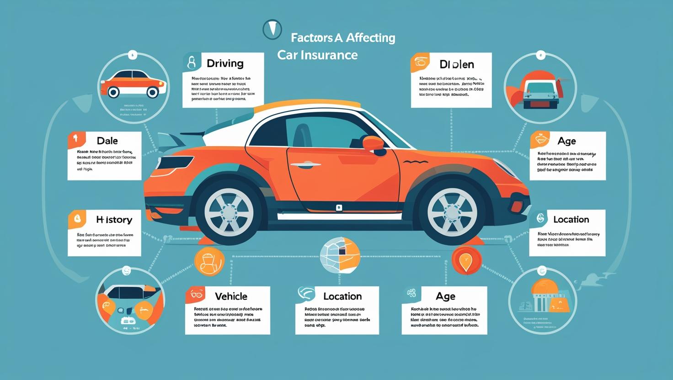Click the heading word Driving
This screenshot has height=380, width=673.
pyautogui.click(x=225, y=63)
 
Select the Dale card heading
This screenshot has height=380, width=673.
pyautogui.click(x=107, y=141)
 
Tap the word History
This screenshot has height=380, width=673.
pyautogui.click(x=114, y=220)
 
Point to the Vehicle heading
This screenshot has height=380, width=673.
pyautogui.click(x=231, y=296)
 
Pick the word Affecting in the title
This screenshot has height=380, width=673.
pyautogui.click(x=370, y=37)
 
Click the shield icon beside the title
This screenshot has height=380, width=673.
pyautogui.click(x=272, y=29)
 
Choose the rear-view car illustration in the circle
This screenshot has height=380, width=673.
pyautogui.click(x=540, y=89)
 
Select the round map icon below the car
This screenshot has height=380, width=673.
pyautogui.click(x=340, y=255)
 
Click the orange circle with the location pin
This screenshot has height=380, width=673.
pyautogui.click(x=466, y=260)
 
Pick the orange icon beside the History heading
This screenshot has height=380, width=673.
pyautogui.click(x=77, y=219)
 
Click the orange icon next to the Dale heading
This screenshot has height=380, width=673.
pyautogui.click(x=77, y=140)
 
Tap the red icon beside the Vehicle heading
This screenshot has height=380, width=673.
pyautogui.click(x=195, y=295)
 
